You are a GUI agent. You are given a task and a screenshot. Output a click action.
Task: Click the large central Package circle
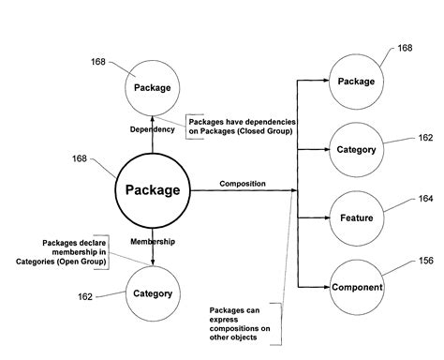(x=152, y=189)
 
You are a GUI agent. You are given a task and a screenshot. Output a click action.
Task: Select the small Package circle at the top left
(x=152, y=87)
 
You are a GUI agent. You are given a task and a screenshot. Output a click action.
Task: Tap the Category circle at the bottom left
(x=153, y=293)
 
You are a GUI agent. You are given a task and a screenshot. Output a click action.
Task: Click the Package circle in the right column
(x=356, y=81)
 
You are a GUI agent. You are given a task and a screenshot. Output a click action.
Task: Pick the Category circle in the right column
(x=356, y=148)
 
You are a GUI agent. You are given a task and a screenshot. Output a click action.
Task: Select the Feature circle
(x=356, y=217)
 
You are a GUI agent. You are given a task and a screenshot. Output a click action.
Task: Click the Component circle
(x=356, y=286)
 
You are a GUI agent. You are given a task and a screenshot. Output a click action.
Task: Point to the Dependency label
(x=152, y=128)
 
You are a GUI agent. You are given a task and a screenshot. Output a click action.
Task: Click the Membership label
(x=152, y=242)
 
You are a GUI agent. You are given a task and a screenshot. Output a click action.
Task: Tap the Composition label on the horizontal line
(x=242, y=184)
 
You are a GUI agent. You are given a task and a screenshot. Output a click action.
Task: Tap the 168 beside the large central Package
(x=81, y=158)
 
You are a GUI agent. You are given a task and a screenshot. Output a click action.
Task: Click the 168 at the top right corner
(x=405, y=47)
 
